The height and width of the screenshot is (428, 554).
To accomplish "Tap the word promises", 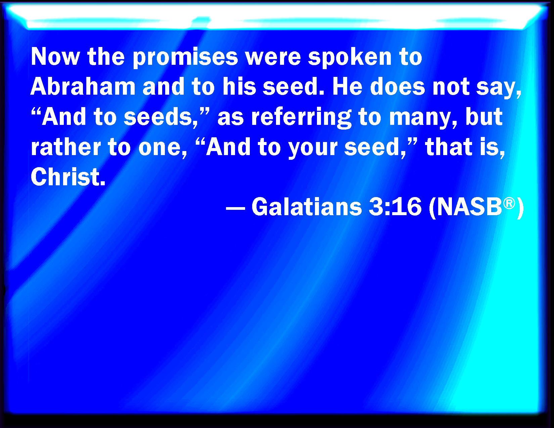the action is pyautogui.click(x=185, y=57).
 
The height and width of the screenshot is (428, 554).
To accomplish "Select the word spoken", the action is pyautogui.click(x=350, y=57).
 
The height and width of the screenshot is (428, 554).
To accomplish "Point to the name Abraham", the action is pyautogui.click(x=83, y=87).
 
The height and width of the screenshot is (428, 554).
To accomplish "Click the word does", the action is pyautogui.click(x=398, y=87).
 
